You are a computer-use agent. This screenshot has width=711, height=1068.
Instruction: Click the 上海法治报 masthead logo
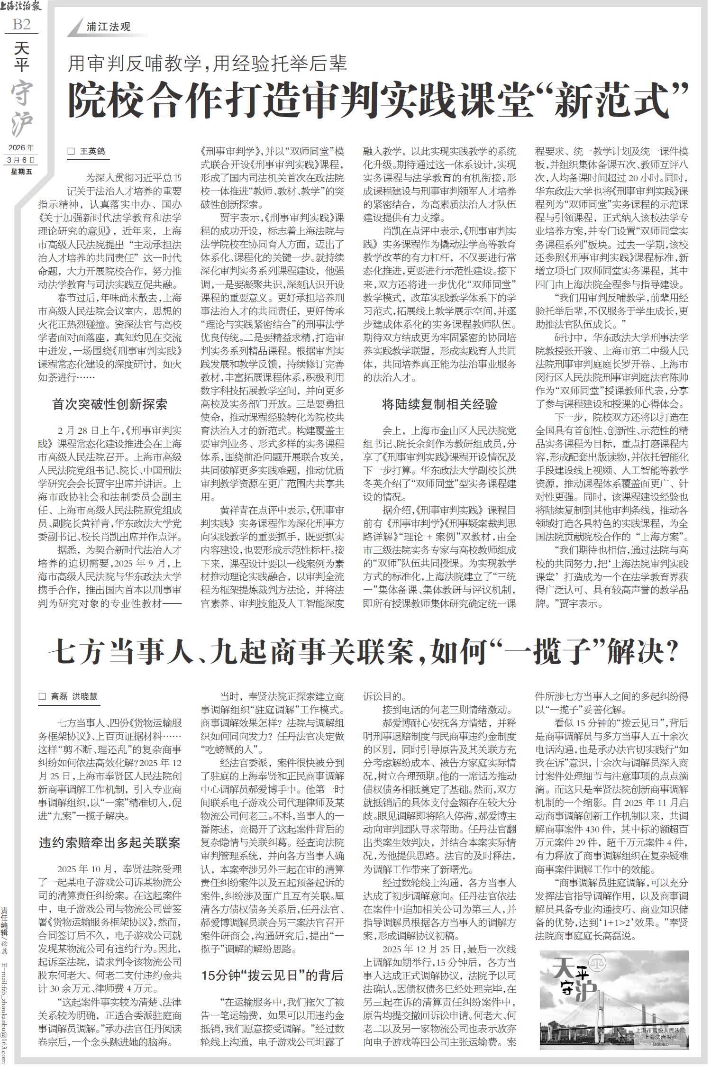[21, 7]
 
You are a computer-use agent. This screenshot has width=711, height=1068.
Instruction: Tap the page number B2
[21, 24]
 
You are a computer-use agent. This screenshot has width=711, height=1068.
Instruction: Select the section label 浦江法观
[109, 27]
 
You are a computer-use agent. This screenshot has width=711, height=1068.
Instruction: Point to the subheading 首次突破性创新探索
[109, 404]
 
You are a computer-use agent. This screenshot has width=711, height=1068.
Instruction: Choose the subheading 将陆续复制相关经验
[439, 404]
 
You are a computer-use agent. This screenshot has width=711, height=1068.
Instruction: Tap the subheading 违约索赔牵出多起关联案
[109, 843]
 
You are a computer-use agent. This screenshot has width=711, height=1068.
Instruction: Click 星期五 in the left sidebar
[21, 171]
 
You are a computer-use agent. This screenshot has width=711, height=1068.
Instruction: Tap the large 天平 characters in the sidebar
[21, 57]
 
